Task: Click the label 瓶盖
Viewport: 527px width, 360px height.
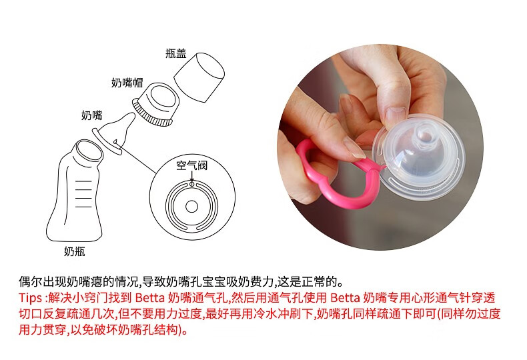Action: pyautogui.click(x=176, y=53)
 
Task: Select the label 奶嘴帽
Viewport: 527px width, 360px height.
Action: pyautogui.click(x=127, y=83)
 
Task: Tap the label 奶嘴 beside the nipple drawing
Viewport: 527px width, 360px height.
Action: pyautogui.click(x=92, y=115)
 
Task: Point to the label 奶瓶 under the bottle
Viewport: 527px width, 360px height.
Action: pyautogui.click(x=74, y=251)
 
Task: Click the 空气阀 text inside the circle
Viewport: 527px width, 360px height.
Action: pyautogui.click(x=192, y=165)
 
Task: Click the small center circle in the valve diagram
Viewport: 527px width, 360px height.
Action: pyautogui.click(x=191, y=207)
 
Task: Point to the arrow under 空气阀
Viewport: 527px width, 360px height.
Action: pyautogui.click(x=192, y=176)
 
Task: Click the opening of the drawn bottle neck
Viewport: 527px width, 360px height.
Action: pyautogui.click(x=89, y=152)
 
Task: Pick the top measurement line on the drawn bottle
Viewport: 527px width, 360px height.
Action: pyautogui.click(x=83, y=181)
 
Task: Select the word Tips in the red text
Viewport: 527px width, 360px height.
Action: pyautogui.click(x=30, y=297)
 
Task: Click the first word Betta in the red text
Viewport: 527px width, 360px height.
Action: pyautogui.click(x=150, y=297)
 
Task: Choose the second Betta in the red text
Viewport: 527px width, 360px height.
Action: pyautogui.click(x=345, y=297)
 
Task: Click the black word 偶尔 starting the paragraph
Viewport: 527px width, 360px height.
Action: pyautogui.click(x=31, y=281)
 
